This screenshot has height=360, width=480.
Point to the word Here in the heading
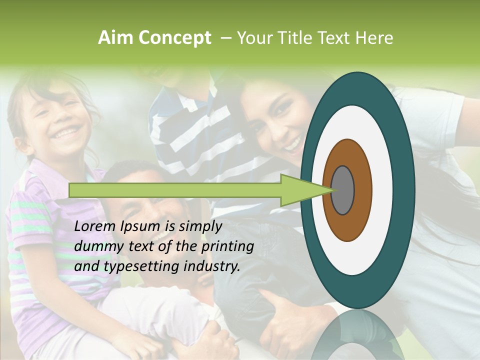(x=374, y=38)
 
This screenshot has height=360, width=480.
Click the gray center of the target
(x=342, y=190)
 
